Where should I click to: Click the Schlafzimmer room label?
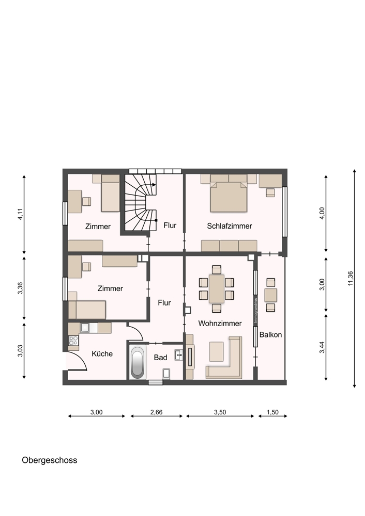(229, 226)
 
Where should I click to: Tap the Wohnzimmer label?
(220, 324)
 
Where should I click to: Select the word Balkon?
(270, 335)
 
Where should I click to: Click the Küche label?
(102, 354)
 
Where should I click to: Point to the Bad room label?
(161, 358)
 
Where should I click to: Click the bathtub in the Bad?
(138, 362)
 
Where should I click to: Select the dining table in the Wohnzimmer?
(217, 288)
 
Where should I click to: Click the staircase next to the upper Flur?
(140, 202)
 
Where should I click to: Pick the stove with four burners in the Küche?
(73, 340)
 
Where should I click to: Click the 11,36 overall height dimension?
(351, 279)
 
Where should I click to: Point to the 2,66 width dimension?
(156, 412)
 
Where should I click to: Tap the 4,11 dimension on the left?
(21, 214)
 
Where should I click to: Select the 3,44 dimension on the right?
(322, 347)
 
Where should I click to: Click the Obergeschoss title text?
(50, 460)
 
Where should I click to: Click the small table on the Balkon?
(271, 295)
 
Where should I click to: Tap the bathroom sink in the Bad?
(179, 355)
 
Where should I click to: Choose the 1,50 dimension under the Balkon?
(272, 412)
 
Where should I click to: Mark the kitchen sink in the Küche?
(85, 328)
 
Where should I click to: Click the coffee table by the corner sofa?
(216, 351)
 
